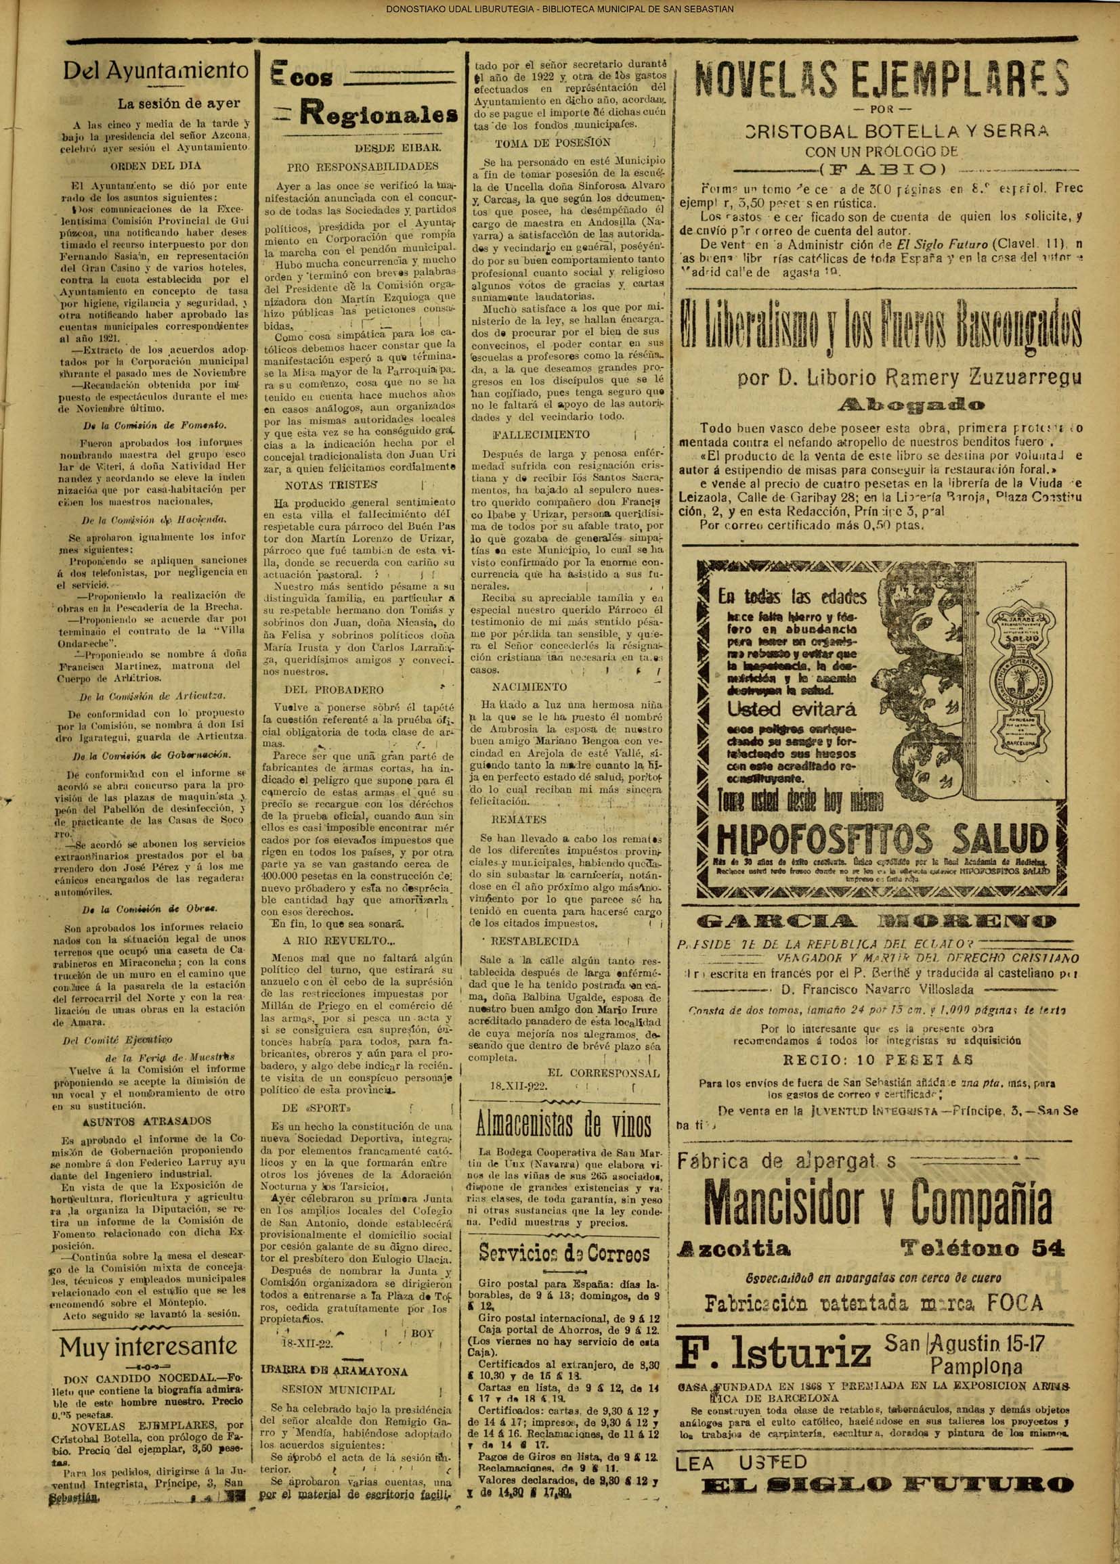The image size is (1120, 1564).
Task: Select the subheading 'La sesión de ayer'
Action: [x=179, y=104]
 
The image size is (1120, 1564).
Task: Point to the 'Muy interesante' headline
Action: [x=148, y=1327]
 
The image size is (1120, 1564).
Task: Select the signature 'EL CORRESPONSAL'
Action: [x=603, y=1073]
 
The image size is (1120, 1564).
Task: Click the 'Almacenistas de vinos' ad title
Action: [x=563, y=1123]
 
